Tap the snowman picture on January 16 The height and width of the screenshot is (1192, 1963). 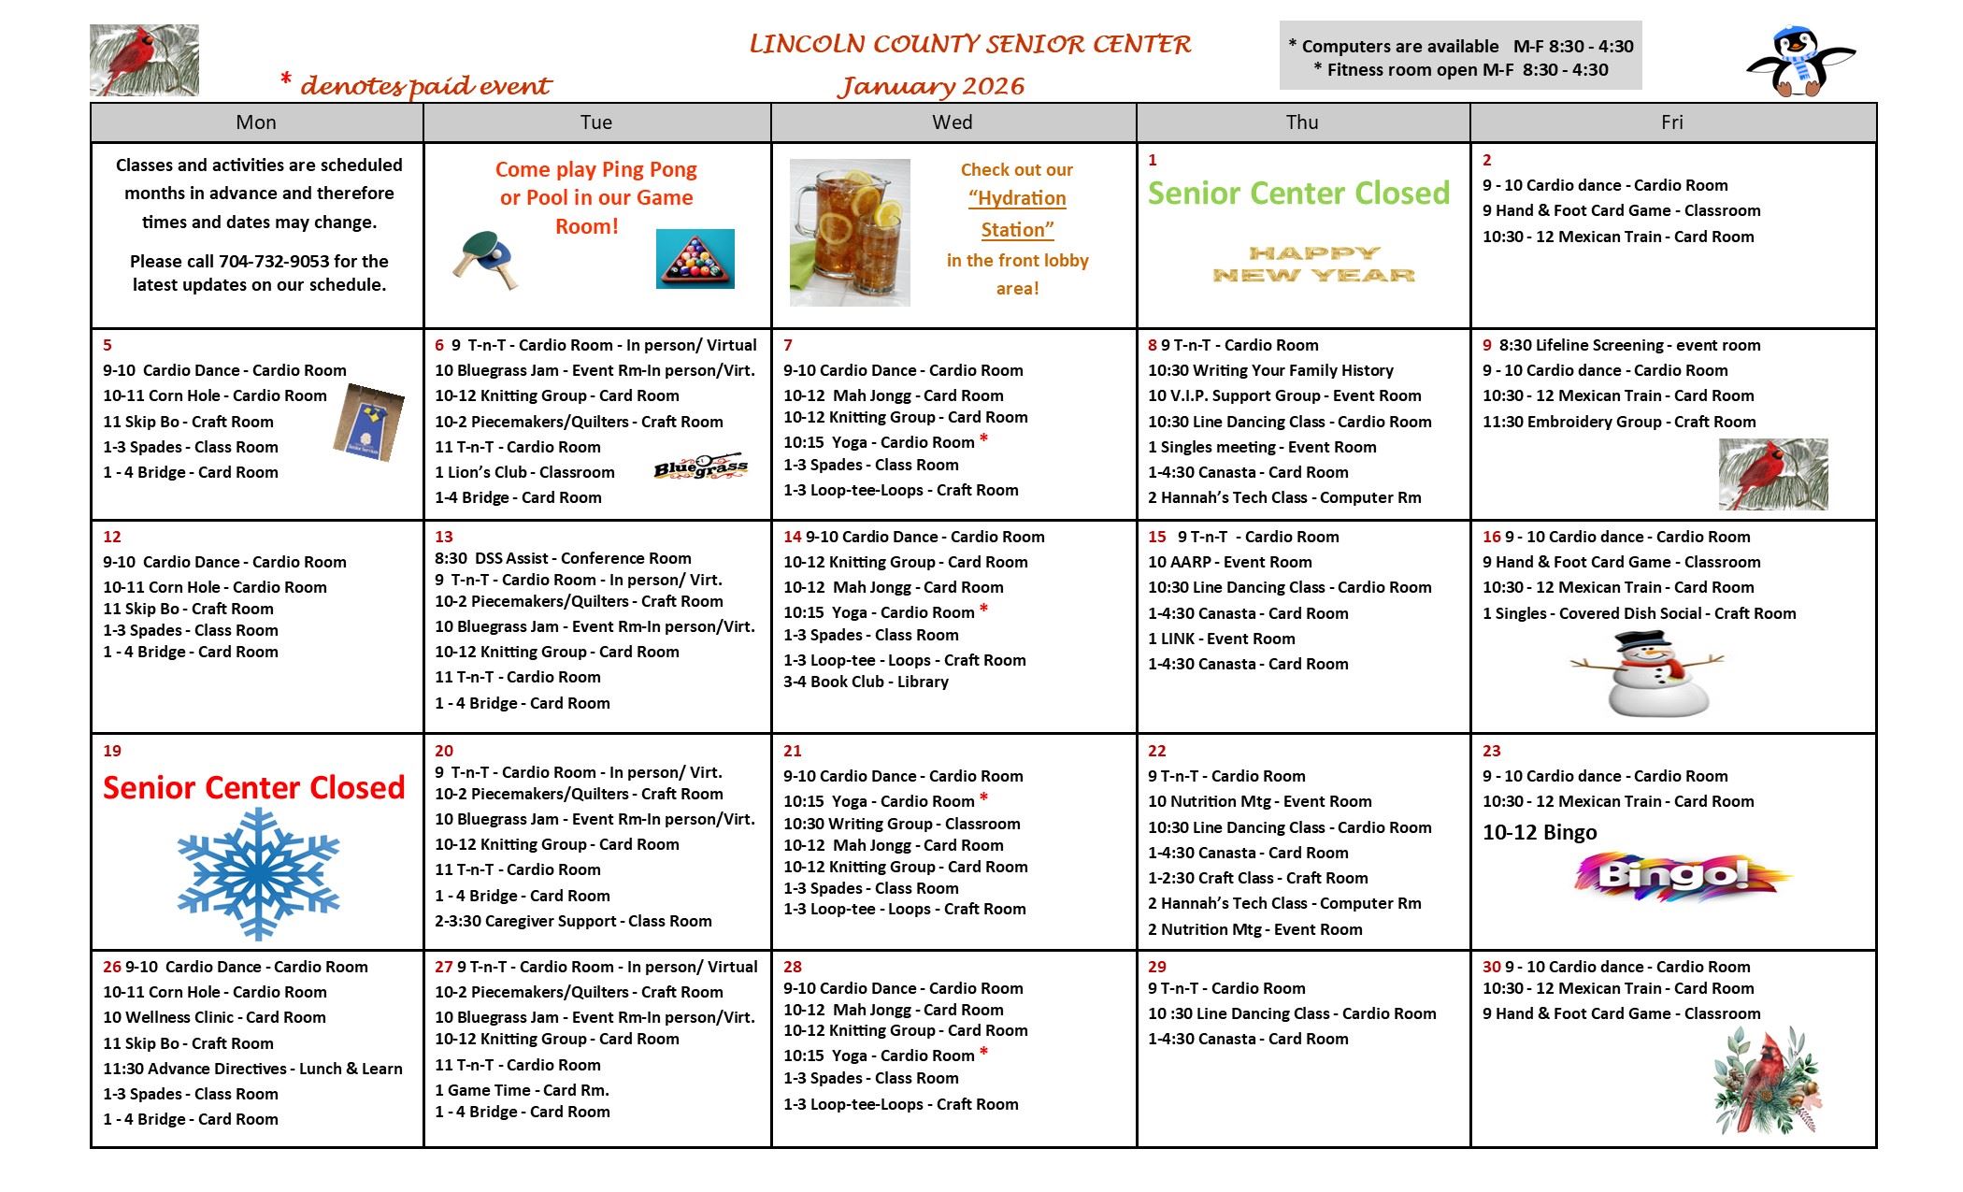pos(1647,674)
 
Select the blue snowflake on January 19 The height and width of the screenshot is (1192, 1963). pos(258,874)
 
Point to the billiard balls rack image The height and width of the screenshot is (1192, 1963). pos(695,259)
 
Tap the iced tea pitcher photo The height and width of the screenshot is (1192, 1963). pos(849,233)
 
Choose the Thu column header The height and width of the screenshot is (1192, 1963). pos(1302,122)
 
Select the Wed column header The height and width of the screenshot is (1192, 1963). pos(952,122)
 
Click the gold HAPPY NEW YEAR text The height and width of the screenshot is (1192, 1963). pos(1313,264)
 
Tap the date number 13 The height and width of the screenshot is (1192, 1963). pos(443,537)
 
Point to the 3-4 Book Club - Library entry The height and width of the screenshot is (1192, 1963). pos(866,682)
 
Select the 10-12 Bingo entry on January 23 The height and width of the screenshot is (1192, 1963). pos(1540,833)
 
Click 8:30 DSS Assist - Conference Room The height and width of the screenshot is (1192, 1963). pos(563,558)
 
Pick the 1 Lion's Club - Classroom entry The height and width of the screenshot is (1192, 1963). pos(524,473)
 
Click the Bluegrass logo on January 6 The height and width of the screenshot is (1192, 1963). pos(701,466)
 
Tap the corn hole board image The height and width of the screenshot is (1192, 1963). pos(368,422)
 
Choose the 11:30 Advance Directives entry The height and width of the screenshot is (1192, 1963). pos(252,1069)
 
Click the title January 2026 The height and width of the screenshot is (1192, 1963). pos(930,86)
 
